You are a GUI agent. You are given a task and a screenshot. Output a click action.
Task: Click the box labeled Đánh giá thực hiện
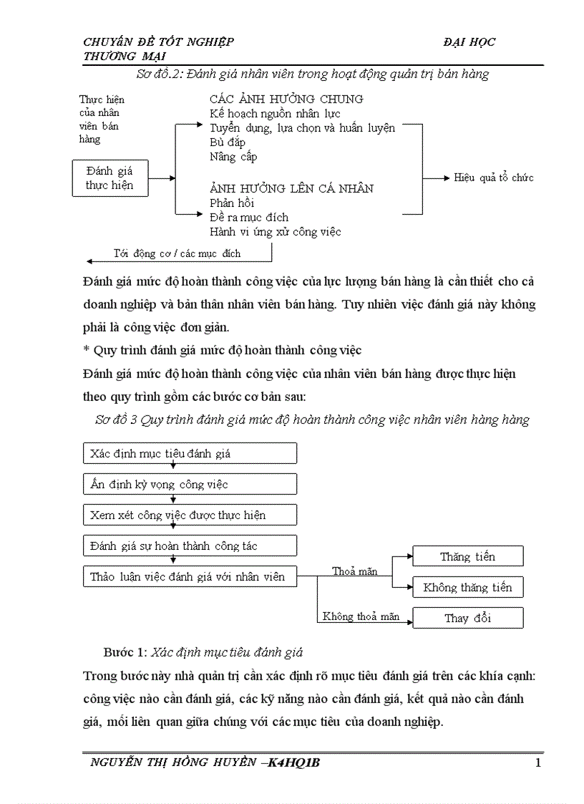pyautogui.click(x=110, y=178)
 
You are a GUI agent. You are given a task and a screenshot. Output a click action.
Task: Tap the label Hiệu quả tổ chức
pyautogui.click(x=493, y=178)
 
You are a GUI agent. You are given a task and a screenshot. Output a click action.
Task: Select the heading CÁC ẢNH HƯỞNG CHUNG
pyautogui.click(x=286, y=99)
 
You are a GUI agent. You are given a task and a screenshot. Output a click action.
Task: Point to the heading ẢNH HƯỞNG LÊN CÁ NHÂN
pyautogui.click(x=291, y=188)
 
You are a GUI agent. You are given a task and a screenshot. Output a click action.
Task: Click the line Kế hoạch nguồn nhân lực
pyautogui.click(x=275, y=113)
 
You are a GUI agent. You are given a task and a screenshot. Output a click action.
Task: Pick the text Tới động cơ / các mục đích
pyautogui.click(x=177, y=253)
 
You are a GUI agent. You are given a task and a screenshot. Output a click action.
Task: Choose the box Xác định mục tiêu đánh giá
pyautogui.click(x=190, y=453)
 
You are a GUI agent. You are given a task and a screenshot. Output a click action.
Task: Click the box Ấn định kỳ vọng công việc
pyautogui.click(x=190, y=484)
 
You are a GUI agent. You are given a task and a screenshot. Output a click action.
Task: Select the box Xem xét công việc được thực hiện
pyautogui.click(x=190, y=515)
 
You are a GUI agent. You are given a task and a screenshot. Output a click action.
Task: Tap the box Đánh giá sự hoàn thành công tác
pyautogui.click(x=190, y=546)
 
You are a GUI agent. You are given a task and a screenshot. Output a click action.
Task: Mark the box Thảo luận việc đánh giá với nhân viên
pyautogui.click(x=190, y=576)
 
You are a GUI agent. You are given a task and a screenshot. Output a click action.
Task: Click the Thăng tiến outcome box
pyautogui.click(x=467, y=556)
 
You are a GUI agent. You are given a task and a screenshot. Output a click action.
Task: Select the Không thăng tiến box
pyautogui.click(x=467, y=588)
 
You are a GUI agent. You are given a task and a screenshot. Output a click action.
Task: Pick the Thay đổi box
pyautogui.click(x=467, y=618)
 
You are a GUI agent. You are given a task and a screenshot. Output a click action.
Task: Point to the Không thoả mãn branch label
pyautogui.click(x=361, y=616)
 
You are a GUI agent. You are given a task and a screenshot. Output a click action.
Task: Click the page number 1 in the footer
pyautogui.click(x=537, y=762)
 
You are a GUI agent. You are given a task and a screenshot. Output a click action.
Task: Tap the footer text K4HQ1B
pyautogui.click(x=293, y=762)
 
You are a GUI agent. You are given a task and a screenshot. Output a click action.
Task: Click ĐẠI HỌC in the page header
pyautogui.click(x=469, y=42)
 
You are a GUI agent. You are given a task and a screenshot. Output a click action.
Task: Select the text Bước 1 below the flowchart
pyautogui.click(x=126, y=652)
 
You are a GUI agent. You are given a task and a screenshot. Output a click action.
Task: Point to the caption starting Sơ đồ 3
pyautogui.click(x=312, y=420)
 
